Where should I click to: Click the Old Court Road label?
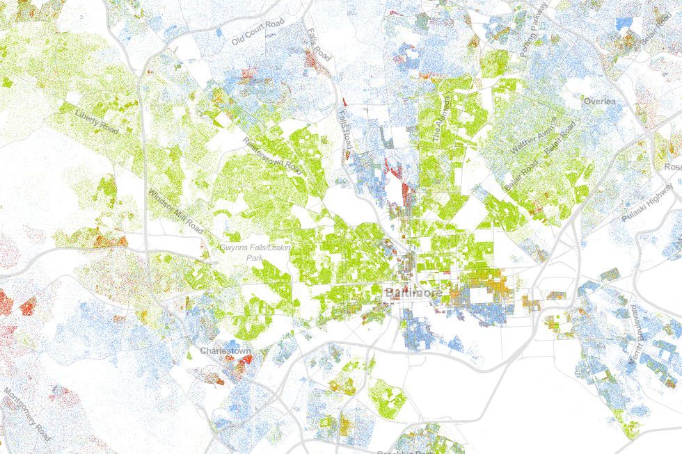coord(259,33)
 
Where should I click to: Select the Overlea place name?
coord(600,102)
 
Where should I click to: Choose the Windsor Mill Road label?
coord(177,211)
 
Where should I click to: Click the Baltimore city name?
coord(412,294)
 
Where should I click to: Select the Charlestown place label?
coord(225,351)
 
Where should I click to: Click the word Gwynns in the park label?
coord(234,248)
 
